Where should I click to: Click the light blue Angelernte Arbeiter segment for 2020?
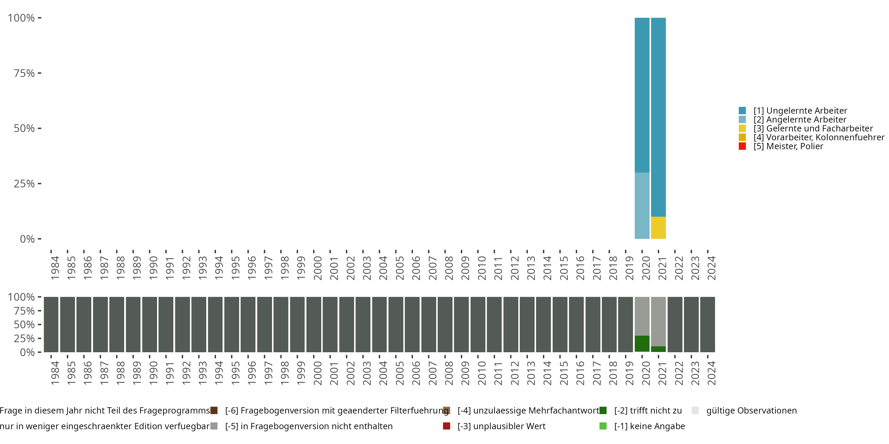[642, 205]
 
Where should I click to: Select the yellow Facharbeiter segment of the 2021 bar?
[658, 228]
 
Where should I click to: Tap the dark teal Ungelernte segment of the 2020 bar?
[642, 95]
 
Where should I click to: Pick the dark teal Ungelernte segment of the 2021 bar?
[658, 117]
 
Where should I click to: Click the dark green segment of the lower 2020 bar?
[642, 343]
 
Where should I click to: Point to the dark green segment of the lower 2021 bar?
[658, 349]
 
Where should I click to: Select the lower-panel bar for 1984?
[51, 324]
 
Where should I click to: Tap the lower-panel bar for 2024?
[707, 324]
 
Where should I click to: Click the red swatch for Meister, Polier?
[742, 146]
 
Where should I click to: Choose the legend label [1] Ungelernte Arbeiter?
[800, 111]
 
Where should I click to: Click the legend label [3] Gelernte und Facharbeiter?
[813, 128]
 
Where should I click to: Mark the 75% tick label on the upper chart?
[24, 73]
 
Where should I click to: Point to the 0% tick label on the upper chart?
[27, 239]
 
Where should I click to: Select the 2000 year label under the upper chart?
[317, 268]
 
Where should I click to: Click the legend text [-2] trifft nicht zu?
[648, 411]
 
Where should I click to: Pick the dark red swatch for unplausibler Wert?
[447, 426]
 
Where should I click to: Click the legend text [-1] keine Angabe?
[649, 426]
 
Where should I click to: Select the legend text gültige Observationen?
[751, 411]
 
